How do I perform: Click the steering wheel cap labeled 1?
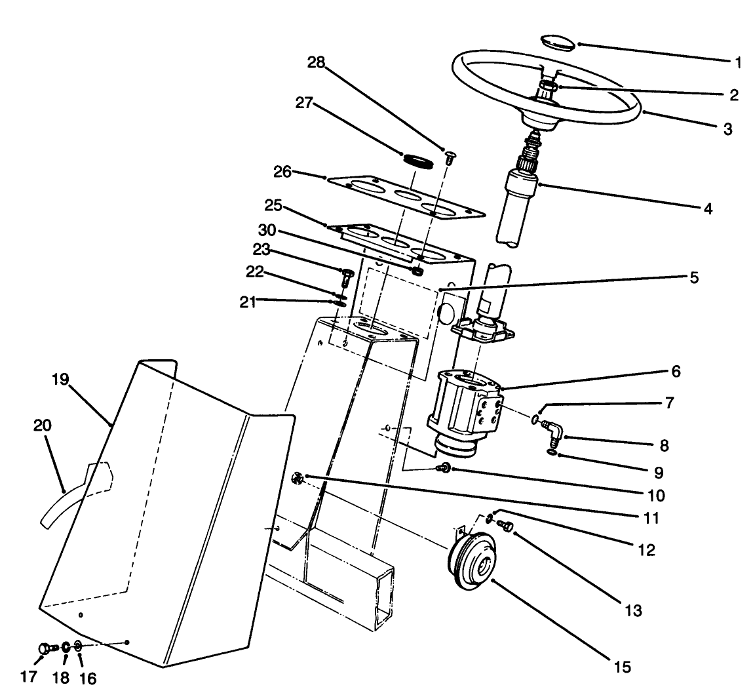[558, 41]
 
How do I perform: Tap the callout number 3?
[727, 129]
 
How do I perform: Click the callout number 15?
[623, 667]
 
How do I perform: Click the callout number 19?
[60, 380]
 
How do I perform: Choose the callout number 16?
[87, 677]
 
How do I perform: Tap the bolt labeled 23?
[348, 273]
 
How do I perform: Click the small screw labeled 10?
[443, 468]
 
